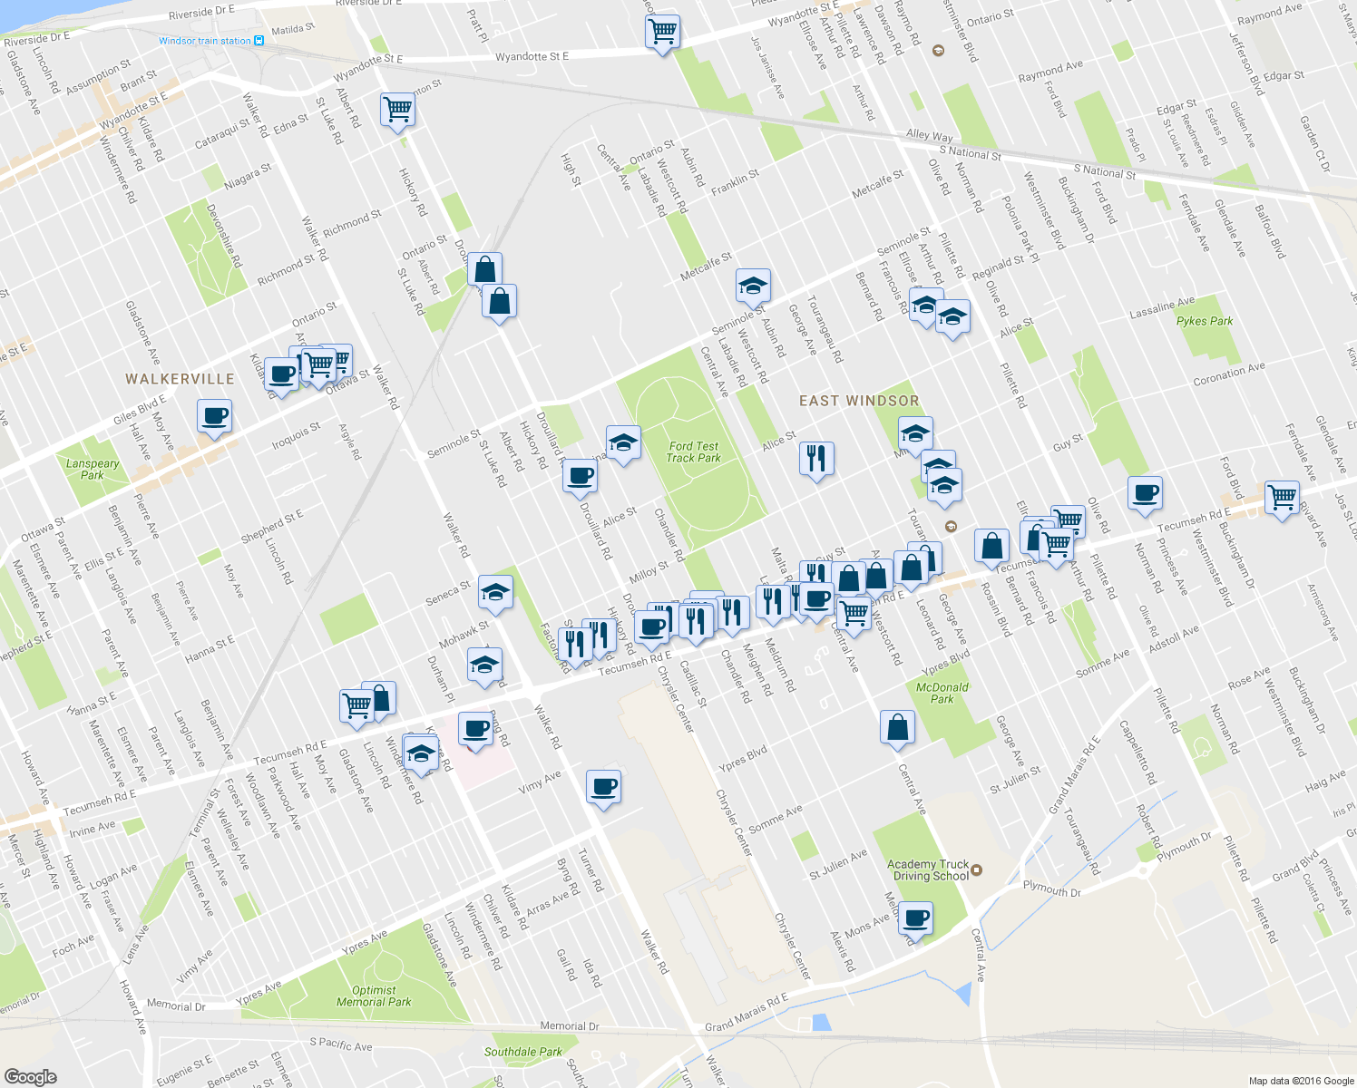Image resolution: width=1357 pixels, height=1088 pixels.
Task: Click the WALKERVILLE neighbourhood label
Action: coord(180,379)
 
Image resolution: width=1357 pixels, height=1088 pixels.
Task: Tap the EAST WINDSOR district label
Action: coord(858,401)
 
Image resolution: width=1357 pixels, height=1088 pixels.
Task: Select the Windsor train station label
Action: coord(205,41)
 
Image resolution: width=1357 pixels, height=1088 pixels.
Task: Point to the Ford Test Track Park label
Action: coord(693,452)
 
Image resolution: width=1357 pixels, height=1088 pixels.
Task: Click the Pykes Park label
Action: coord(1204,321)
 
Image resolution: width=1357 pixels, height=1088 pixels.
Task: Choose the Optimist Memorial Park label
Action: coord(373,996)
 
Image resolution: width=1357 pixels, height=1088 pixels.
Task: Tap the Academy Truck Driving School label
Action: coord(928,870)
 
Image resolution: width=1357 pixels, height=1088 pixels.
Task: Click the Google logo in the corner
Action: coord(30,1076)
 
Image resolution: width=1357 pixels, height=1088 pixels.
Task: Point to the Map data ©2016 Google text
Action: coord(1301,1081)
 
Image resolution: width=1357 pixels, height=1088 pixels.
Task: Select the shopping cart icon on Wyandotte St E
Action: coord(662,32)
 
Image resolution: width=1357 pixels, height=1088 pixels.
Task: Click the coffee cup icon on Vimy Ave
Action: coord(603,786)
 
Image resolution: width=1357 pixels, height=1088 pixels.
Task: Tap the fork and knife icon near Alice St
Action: coord(816,459)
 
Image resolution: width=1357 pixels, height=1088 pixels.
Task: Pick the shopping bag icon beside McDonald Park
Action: coord(897,727)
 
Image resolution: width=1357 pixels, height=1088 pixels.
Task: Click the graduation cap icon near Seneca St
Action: coord(495,592)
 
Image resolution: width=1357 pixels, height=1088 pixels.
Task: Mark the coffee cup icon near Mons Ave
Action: coord(915,918)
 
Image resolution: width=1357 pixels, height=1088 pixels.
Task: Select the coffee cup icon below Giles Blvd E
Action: coord(214,416)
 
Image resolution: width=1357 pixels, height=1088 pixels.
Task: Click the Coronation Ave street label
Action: coord(1228,374)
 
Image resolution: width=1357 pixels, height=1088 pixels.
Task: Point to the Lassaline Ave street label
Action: coord(1162,307)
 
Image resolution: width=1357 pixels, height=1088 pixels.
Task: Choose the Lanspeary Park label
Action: coord(92,469)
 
